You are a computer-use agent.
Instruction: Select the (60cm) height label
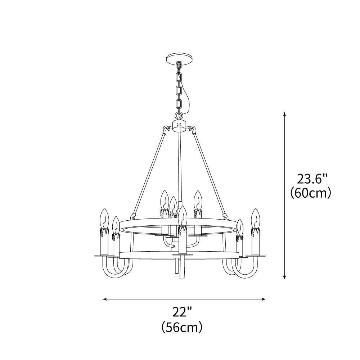click(x=311, y=193)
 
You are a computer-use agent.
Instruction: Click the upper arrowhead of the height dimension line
click(x=285, y=114)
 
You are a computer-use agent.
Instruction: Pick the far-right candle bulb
click(x=256, y=217)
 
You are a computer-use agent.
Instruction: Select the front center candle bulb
click(x=183, y=215)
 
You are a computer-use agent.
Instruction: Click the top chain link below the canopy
click(x=179, y=76)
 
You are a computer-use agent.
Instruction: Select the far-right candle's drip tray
click(x=256, y=256)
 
